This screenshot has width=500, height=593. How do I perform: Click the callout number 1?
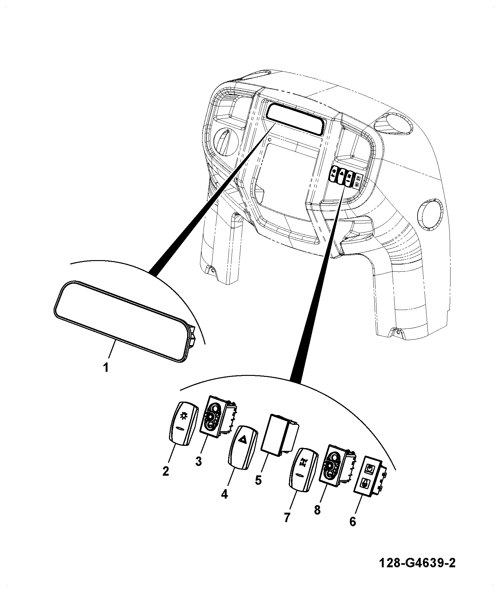[x=106, y=367]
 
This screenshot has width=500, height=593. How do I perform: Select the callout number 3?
[x=198, y=462]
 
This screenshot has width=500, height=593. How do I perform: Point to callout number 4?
[x=224, y=494]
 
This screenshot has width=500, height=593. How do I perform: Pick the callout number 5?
[x=258, y=480]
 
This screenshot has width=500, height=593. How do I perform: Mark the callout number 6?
[x=353, y=521]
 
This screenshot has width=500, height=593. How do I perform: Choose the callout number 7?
[x=287, y=517]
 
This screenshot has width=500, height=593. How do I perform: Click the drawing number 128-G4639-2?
[x=417, y=563]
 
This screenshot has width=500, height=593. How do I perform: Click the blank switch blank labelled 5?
[x=279, y=435]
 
